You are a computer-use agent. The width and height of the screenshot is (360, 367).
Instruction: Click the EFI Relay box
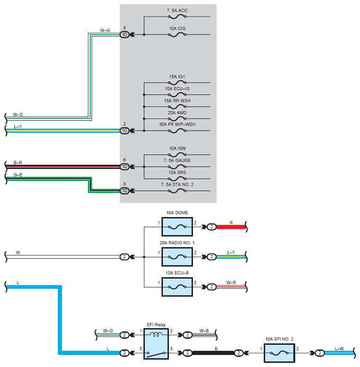[156, 343]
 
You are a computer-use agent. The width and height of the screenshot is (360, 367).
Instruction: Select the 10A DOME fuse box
[177, 227]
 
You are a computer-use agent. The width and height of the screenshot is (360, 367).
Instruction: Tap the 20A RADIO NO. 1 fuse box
[177, 257]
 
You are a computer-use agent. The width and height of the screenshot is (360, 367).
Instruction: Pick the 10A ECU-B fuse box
[177, 287]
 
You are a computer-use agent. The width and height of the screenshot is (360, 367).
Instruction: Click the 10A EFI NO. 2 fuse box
[279, 353]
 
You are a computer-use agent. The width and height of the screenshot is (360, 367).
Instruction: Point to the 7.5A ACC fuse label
[177, 11]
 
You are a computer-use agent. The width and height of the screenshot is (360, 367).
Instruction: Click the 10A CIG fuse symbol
[177, 35]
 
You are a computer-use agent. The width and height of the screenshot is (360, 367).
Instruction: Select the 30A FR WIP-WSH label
[177, 124]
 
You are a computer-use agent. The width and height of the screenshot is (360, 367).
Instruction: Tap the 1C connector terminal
[124, 131]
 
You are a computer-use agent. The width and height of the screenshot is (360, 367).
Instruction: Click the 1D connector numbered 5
[124, 35]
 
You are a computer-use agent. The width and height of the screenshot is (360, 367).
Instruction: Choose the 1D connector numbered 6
[124, 167]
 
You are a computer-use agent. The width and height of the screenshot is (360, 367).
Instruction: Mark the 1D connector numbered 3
[124, 191]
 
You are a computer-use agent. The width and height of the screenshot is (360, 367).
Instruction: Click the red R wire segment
[231, 227]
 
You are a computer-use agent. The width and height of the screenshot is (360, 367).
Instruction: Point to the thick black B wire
[213, 353]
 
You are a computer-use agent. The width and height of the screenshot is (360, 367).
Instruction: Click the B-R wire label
[18, 162]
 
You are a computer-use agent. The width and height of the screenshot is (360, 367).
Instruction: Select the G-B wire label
[18, 174]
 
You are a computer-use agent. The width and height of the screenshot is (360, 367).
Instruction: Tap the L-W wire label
[339, 349]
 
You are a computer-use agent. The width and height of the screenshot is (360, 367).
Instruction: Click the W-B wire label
[204, 331]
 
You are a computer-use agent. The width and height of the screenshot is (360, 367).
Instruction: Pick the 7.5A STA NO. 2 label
[177, 185]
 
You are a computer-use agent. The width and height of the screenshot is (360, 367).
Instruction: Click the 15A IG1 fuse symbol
[177, 83]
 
